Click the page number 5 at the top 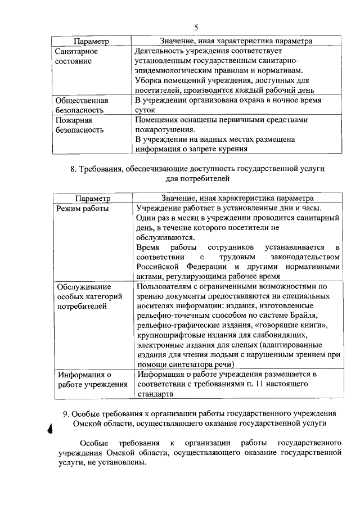(x=196, y=27)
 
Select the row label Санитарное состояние (x=77, y=56)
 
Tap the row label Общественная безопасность (x=82, y=105)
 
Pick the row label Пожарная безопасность (x=79, y=125)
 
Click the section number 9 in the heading (x=65, y=413)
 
